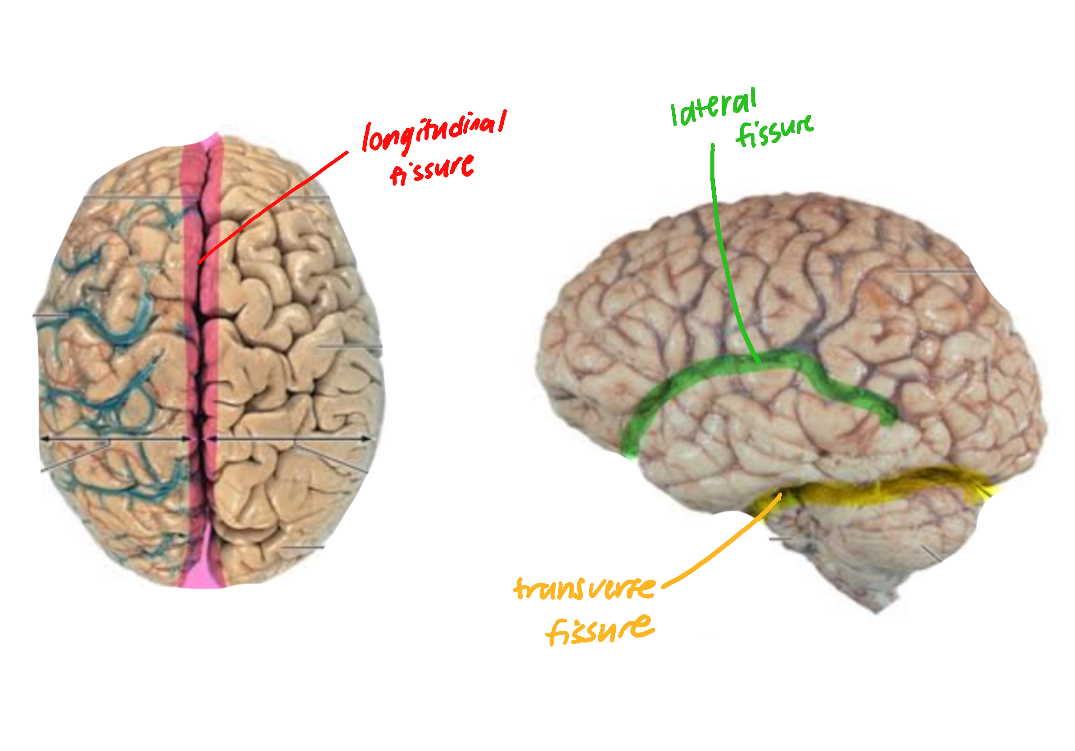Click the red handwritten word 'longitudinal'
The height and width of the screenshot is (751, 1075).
pyautogui.click(x=434, y=131)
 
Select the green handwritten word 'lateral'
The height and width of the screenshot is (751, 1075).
pyautogui.click(x=713, y=107)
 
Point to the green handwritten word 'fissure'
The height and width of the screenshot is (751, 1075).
pyautogui.click(x=775, y=131)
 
